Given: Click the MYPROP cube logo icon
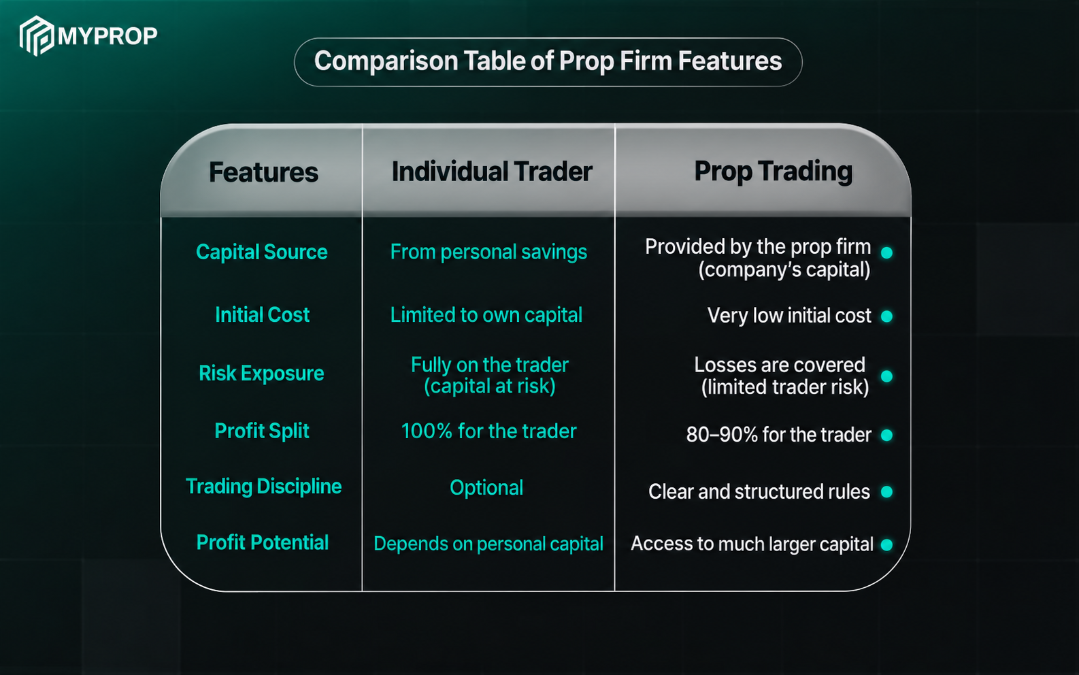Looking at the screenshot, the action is click(37, 35).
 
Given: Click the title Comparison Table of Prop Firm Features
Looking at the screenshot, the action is click(548, 61).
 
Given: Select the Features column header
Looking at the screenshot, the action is click(263, 172).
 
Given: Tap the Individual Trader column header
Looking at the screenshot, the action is click(492, 171).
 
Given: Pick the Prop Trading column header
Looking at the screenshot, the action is click(773, 171).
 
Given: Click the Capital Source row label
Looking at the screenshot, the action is click(261, 252).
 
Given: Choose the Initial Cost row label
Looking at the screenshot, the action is click(262, 314).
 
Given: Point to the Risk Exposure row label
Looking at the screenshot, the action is click(261, 374).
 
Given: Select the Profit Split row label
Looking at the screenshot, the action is click(261, 431).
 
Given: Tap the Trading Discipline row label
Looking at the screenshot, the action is click(263, 487).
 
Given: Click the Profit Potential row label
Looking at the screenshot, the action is click(262, 542).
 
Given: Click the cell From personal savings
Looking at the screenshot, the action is click(488, 252).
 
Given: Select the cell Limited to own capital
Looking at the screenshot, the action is click(486, 315).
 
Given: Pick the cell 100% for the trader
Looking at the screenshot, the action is click(488, 431).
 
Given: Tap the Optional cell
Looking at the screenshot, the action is click(486, 488).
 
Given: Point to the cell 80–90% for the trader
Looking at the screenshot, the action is click(778, 435).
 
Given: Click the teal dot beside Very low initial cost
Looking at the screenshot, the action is click(886, 316).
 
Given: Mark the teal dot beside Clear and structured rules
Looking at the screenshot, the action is click(886, 491).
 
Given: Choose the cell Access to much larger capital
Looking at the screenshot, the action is click(752, 544).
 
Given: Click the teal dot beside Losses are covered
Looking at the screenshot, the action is click(886, 376).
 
